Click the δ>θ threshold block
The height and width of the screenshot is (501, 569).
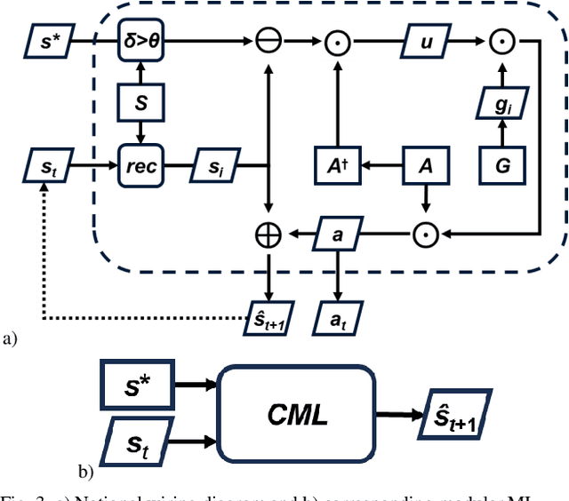pos(143,41)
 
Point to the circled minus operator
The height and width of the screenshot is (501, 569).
pos(268,41)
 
